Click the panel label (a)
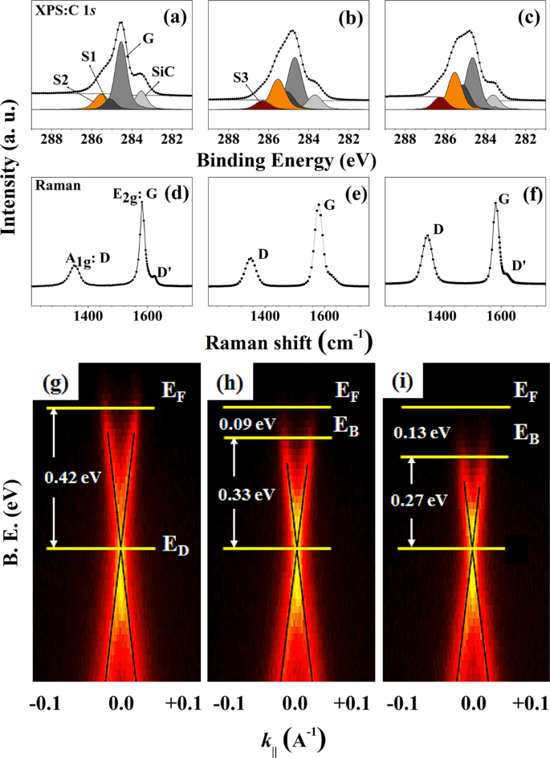pos(173,16)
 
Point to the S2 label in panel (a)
pos(62,79)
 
